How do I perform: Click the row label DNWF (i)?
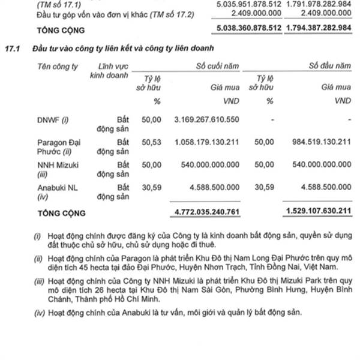click(53, 119)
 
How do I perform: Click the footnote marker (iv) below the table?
click(38, 312)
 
